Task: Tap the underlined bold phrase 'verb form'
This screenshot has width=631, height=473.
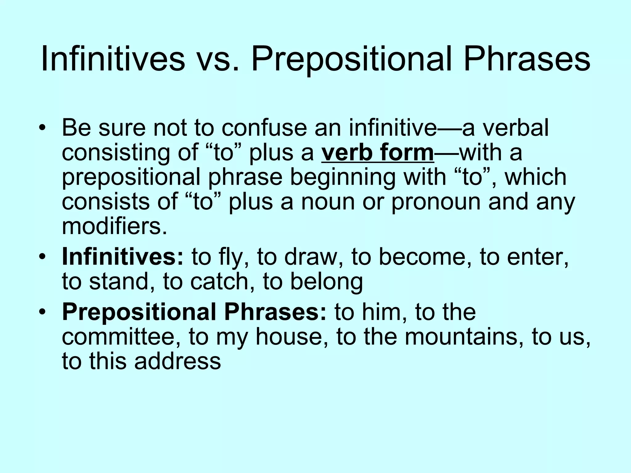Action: point(378,153)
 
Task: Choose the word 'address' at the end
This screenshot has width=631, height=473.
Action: point(177,361)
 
